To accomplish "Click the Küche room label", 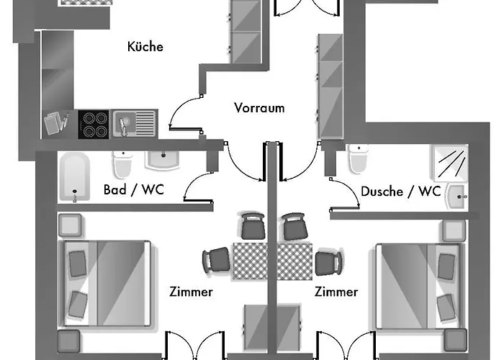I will click(x=145, y=47).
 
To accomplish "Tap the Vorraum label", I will click(x=259, y=108).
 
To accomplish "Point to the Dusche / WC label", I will click(x=400, y=192).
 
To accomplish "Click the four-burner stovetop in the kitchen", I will click(x=93, y=123).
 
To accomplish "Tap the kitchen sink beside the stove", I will click(x=134, y=123).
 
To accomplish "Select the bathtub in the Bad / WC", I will click(x=74, y=177).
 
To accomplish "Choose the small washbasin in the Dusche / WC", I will click(x=456, y=195).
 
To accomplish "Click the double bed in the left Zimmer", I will click(x=107, y=280).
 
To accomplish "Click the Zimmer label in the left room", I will click(x=191, y=292).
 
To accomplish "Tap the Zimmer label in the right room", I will click(x=336, y=292).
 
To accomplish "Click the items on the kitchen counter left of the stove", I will click(x=57, y=122).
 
